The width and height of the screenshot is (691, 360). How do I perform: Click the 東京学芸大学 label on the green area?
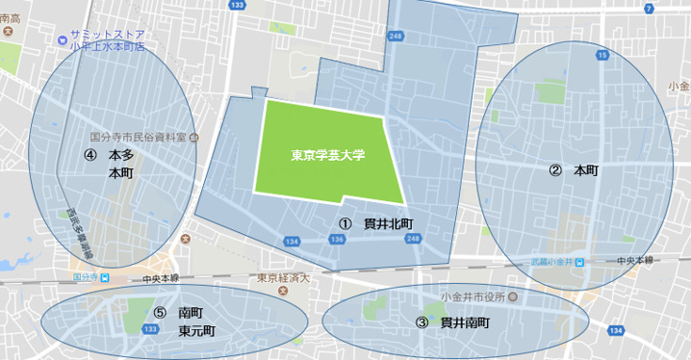[328, 154]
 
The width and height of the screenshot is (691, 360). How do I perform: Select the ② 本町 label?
[575, 170]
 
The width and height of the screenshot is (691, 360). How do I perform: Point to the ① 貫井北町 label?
[378, 223]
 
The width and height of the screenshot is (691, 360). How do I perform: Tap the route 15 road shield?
[601, 56]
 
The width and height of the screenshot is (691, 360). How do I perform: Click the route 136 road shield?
[338, 239]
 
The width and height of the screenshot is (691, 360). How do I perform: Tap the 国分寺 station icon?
[105, 278]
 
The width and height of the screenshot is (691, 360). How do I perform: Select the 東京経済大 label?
[281, 279]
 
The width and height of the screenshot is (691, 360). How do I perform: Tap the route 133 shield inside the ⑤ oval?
[150, 329]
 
